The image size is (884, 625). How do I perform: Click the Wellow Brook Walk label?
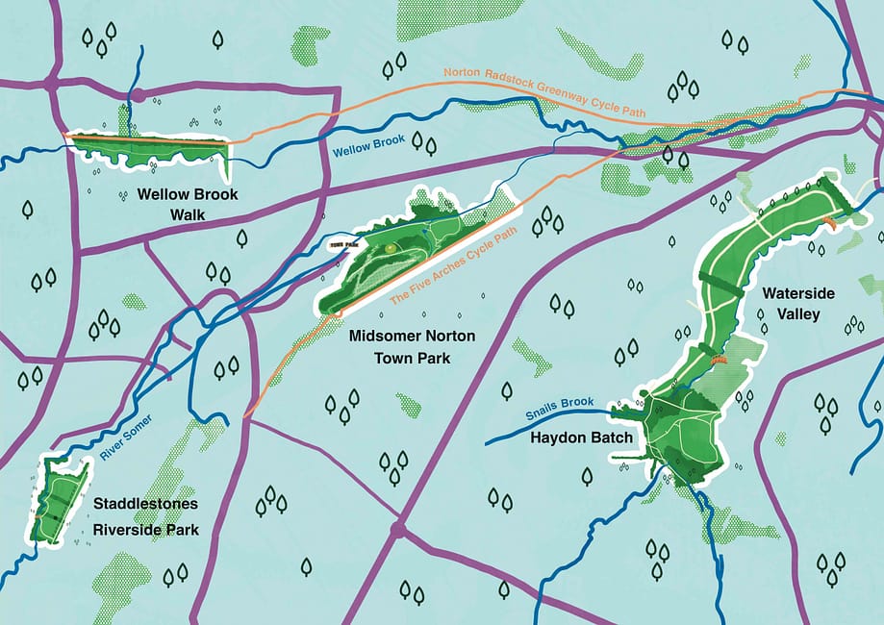187,203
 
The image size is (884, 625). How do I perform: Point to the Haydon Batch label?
581,438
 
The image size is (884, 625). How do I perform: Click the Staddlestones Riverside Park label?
145,516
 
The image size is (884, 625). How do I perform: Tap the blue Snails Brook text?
561,411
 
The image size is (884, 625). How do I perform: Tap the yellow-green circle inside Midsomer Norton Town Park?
390,249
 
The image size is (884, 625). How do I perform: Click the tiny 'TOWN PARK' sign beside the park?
337,245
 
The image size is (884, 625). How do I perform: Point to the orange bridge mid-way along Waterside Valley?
716,360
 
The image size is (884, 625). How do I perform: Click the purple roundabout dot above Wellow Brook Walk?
138,94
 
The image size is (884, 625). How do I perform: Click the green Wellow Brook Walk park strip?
144,149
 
